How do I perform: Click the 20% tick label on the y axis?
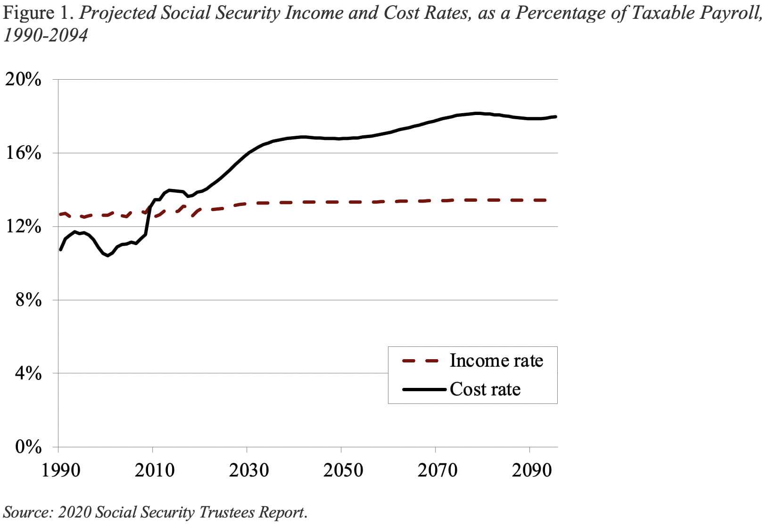click(x=23, y=79)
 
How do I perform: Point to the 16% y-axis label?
click(x=23, y=153)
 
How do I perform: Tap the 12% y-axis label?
click(x=23, y=227)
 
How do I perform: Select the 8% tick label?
click(x=28, y=300)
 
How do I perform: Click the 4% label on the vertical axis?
click(x=28, y=374)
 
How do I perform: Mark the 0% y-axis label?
click(x=28, y=447)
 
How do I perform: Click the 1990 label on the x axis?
click(x=61, y=470)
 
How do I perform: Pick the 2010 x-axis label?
click(x=155, y=470)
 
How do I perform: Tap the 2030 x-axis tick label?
click(x=249, y=470)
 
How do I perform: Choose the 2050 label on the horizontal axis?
click(x=343, y=470)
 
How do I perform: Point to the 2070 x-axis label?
click(x=437, y=470)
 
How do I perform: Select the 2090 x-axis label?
click(x=531, y=470)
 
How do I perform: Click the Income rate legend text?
click(x=496, y=361)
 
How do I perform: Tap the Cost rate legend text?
click(x=485, y=389)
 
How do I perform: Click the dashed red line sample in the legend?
click(x=420, y=361)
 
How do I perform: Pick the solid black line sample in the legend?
click(x=424, y=390)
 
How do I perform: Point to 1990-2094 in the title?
click(x=46, y=35)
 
